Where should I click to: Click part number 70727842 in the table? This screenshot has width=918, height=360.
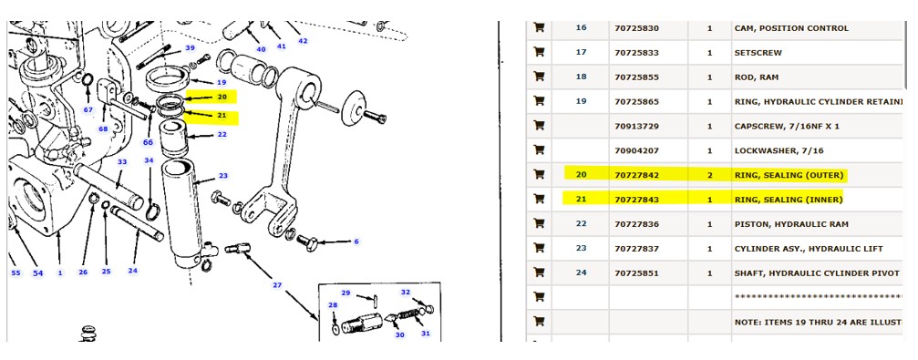636,175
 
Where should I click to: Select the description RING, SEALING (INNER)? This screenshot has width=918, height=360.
789,200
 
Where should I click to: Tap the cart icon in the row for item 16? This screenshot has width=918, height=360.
539,27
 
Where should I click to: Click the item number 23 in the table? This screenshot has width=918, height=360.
581,248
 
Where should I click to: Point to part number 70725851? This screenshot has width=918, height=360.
636,273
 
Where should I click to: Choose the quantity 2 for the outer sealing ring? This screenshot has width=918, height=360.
710,175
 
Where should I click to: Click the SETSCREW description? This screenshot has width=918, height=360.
757,52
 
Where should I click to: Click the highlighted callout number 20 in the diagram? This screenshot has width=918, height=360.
222,98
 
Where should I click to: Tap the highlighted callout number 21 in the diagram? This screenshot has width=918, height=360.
222,116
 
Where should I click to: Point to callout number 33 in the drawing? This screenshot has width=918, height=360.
122,162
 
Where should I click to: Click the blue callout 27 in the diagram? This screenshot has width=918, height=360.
277,285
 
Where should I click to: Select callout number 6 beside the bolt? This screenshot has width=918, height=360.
356,242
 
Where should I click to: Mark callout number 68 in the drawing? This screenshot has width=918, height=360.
103,129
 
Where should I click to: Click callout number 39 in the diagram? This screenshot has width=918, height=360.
190,48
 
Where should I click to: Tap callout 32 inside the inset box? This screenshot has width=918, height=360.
405,292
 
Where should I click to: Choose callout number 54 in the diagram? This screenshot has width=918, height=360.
38,273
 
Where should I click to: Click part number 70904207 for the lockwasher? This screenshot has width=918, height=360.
636,150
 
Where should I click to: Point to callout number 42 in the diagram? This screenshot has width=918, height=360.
303,41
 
